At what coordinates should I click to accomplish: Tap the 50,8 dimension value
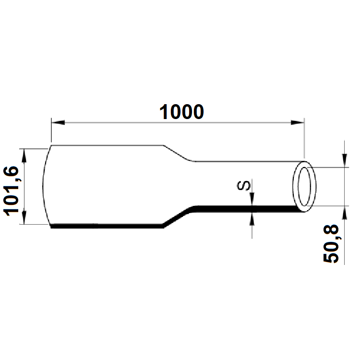coord(331,243)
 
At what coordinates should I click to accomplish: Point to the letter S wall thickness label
coord(244,185)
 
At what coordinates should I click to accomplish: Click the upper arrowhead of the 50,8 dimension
coord(344,162)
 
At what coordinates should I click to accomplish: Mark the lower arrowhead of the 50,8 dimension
coord(344,212)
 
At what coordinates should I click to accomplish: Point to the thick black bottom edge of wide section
coord(106,227)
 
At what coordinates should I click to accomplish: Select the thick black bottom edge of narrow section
coord(240,207)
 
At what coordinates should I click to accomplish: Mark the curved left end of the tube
coord(44,187)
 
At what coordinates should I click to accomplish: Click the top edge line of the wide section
coord(106,145)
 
